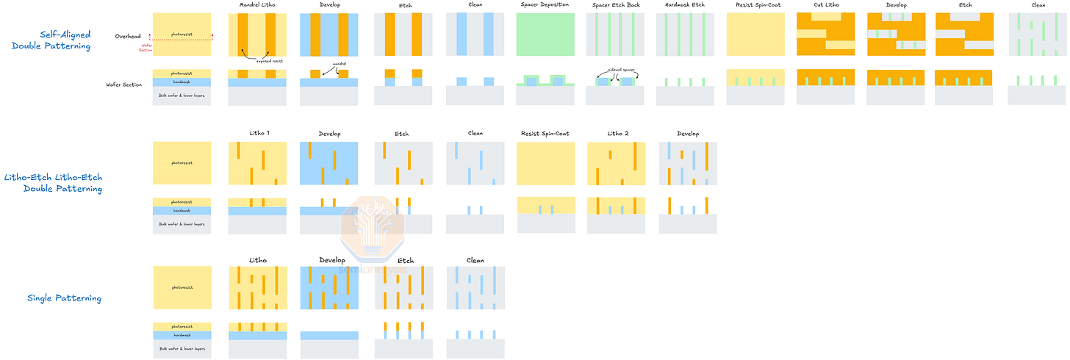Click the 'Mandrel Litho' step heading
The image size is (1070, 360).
(x=257, y=5)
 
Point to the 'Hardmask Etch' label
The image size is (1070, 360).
(x=685, y=5)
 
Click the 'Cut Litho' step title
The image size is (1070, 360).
(x=825, y=5)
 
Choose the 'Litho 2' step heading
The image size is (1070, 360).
(x=616, y=134)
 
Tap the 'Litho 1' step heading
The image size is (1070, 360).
(x=258, y=134)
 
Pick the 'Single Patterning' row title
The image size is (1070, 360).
(x=64, y=298)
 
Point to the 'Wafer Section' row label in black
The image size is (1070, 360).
(x=124, y=85)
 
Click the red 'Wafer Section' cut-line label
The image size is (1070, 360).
(x=146, y=48)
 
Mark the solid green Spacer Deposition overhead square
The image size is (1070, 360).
(x=545, y=35)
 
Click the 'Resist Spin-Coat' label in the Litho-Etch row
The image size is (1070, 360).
(x=545, y=134)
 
